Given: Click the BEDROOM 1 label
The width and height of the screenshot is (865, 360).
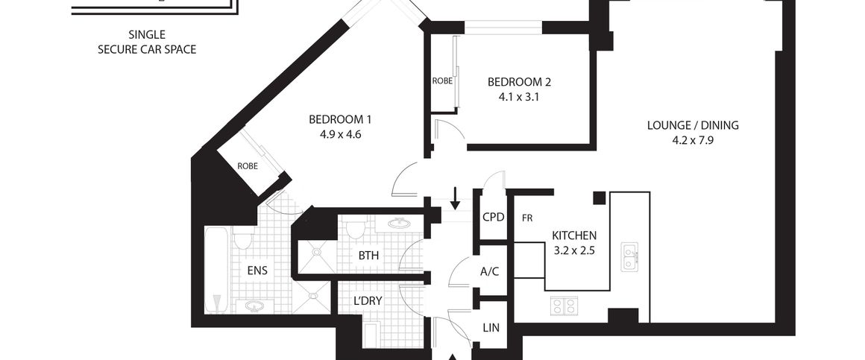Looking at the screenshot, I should [340, 119].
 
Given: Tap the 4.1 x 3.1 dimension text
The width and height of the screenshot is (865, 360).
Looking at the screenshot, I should [519, 96].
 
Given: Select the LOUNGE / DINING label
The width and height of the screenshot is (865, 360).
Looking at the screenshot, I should [693, 125].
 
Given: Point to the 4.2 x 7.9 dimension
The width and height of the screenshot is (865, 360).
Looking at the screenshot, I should [693, 139].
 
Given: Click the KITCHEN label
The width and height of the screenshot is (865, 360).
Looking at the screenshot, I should [574, 236].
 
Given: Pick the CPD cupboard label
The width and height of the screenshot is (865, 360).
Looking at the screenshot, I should [494, 218].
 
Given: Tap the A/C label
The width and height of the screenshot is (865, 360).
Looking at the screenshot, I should [489, 271].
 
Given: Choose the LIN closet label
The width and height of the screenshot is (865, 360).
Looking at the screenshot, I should [491, 327].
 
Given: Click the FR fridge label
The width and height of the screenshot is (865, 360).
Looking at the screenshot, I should [527, 218].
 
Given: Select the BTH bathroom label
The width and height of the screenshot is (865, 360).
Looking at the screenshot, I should [368, 256].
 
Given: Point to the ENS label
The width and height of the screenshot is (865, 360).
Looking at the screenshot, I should [258, 271].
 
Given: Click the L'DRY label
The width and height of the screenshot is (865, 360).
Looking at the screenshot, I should [368, 302].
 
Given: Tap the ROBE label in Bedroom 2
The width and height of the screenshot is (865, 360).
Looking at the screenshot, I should [442, 80].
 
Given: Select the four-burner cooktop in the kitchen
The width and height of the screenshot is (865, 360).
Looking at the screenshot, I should [564, 306].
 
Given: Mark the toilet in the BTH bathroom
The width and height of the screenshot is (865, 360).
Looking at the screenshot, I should [356, 227].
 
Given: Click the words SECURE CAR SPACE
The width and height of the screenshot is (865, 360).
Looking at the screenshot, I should [147, 49].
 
